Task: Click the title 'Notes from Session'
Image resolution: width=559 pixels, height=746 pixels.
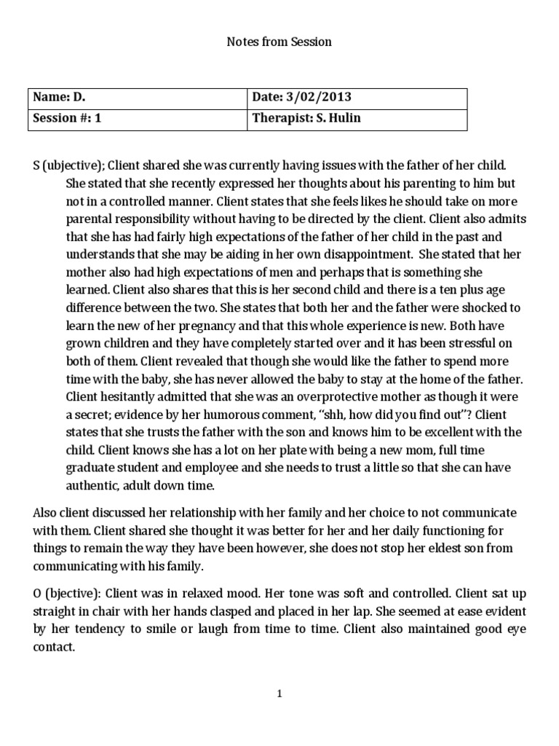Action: (x=279, y=42)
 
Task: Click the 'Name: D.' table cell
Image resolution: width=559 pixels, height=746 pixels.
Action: (x=62, y=98)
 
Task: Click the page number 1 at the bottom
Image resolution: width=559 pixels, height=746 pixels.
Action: (x=279, y=694)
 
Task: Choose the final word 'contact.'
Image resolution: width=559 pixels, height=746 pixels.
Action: (x=54, y=645)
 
